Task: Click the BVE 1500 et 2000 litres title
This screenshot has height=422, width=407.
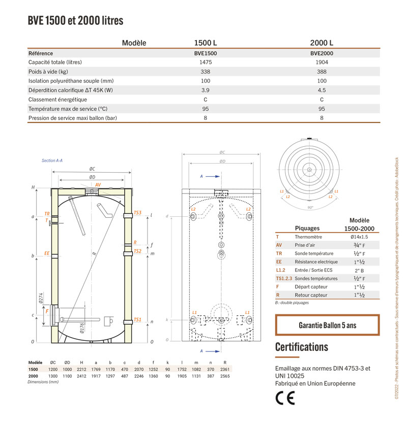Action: (x=75, y=21)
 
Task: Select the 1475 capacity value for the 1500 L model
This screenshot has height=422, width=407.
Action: (x=205, y=62)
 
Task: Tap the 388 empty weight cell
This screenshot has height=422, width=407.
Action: (x=322, y=72)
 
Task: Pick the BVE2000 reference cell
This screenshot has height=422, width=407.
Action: (x=322, y=53)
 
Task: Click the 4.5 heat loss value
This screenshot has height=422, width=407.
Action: (x=322, y=90)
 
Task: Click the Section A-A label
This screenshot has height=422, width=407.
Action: (x=52, y=160)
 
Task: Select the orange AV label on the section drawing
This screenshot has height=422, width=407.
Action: (x=98, y=185)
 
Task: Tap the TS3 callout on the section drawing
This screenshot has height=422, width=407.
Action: (x=137, y=213)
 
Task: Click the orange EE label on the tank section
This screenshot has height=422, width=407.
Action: (x=47, y=253)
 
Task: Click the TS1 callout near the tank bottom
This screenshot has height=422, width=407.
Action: (x=137, y=320)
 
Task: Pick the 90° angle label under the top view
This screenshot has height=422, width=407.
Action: (x=310, y=208)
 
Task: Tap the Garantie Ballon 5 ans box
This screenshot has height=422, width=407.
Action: (x=327, y=325)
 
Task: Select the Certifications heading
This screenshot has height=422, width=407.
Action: (x=302, y=347)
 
